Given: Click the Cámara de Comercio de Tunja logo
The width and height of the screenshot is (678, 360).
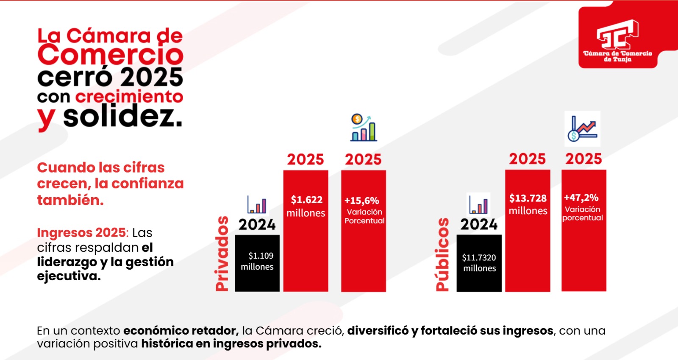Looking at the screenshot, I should tap(617, 40).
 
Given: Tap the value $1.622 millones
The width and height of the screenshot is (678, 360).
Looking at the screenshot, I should tap(306, 206).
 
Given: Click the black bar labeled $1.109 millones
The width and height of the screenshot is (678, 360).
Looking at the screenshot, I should tap(257, 263).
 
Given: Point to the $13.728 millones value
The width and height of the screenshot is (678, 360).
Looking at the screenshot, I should tap(528, 204).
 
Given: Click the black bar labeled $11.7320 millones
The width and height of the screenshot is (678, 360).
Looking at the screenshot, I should tap(479, 263).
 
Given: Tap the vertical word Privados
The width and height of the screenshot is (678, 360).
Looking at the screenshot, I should tap(222, 254).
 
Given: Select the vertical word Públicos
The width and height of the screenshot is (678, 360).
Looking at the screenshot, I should tap(442, 254).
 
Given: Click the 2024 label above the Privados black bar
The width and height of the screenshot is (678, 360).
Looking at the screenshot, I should tap(257, 224).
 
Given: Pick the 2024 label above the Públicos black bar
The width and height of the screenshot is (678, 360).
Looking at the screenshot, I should tap(479, 224).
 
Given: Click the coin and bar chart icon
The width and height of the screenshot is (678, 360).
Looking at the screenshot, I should tap(363, 128).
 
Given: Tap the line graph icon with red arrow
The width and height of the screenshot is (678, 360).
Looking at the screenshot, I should tap(582, 129).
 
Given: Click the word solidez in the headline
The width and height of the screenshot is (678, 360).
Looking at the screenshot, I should tap(123, 117).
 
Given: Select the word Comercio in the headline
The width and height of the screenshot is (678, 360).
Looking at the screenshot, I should tap(111, 55).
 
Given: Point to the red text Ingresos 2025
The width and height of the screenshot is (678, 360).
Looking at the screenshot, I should tap(81, 232).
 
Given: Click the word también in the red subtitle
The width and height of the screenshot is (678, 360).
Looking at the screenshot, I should tap(70, 200).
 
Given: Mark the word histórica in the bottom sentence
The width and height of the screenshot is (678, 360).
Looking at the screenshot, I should tap(167, 343).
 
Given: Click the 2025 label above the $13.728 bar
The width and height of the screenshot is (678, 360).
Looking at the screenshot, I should tap(527, 159).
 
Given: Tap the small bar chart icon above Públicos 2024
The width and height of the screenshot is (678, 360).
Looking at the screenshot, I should tap(478, 204).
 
